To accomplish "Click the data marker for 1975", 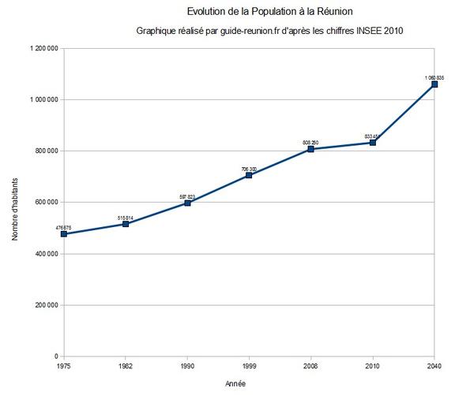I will click(x=63, y=234).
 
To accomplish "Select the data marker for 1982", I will click(x=125, y=224).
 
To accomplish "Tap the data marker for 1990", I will click(x=187, y=203).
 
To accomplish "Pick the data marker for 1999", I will click(x=249, y=175).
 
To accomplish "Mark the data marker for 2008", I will click(x=310, y=149).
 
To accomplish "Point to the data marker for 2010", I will click(x=373, y=143).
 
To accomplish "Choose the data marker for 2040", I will click(x=434, y=84).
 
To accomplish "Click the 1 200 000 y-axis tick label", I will click(x=42, y=48).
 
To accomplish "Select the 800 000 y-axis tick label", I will click(x=44, y=151).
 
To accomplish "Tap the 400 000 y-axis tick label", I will click(x=44, y=254).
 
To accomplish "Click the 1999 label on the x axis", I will click(x=249, y=366).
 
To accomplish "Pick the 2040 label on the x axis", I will click(x=434, y=366).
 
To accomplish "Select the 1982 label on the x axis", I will click(x=125, y=366).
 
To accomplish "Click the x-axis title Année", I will click(x=247, y=384).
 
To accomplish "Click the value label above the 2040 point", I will click(x=434, y=76).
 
